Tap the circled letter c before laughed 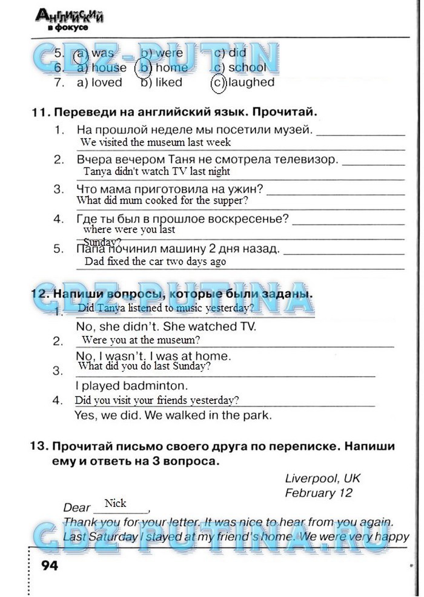219,82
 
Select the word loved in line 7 107,82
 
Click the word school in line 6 247,68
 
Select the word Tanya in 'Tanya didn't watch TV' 98,171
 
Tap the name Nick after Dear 116,504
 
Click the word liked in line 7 168,82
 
